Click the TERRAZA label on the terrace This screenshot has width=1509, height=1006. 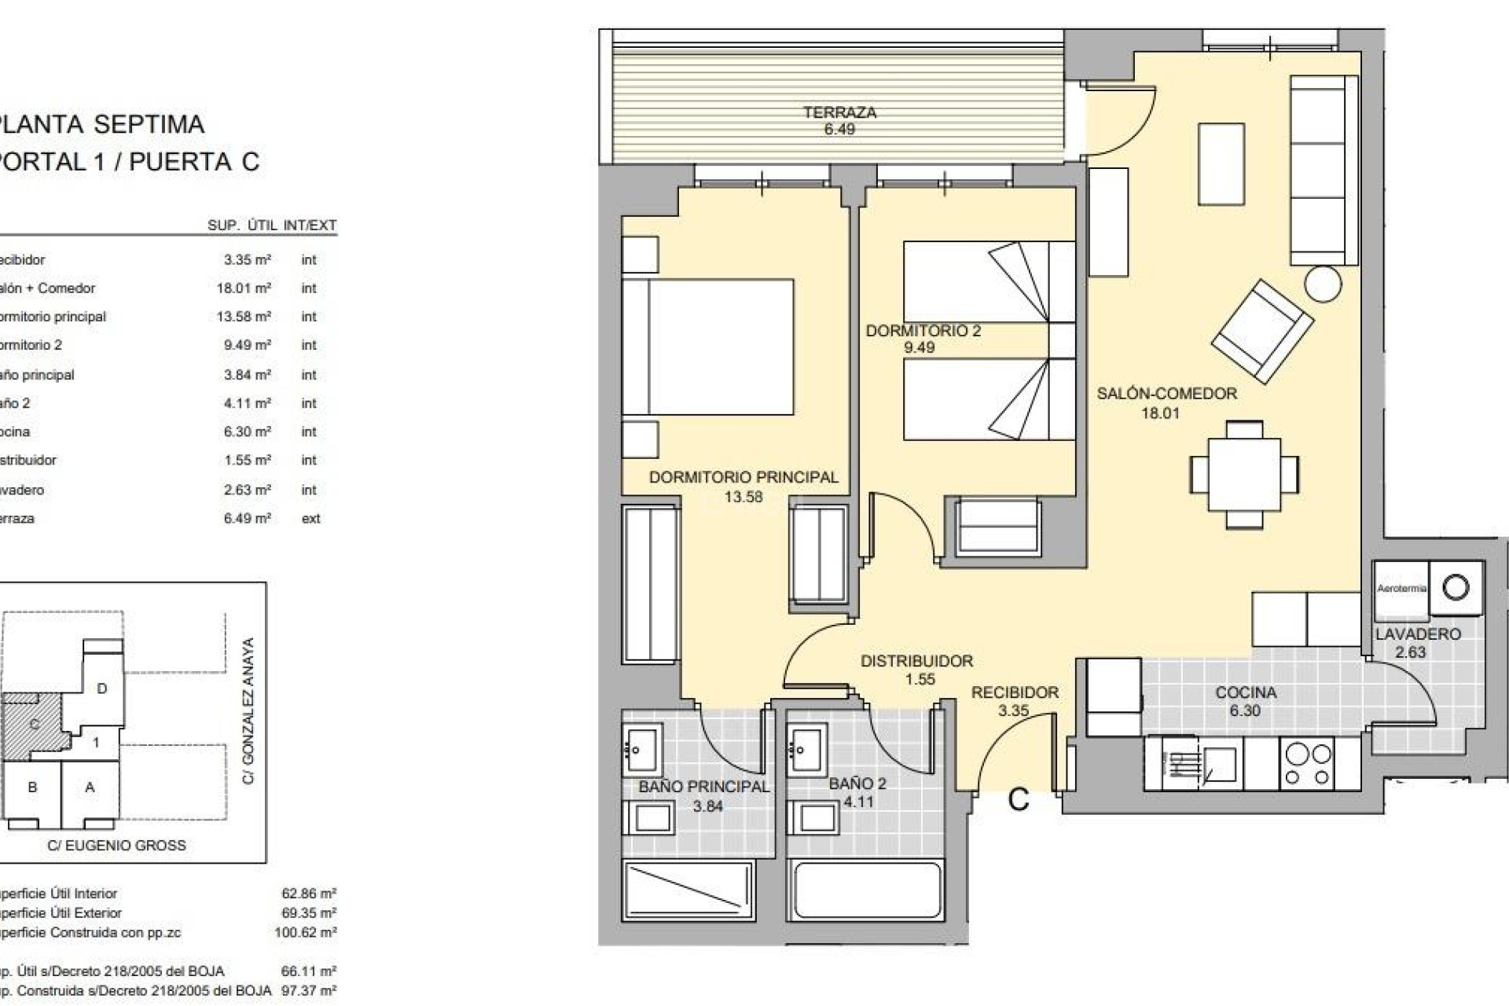point(839,112)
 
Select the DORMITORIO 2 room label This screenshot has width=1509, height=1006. point(923,331)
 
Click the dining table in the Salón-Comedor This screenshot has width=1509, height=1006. point(1244,474)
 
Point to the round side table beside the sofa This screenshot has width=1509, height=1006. point(1323,284)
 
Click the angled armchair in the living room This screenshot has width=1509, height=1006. point(1262,332)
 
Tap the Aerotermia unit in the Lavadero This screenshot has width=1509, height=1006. point(1401,589)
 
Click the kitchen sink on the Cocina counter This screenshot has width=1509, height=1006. point(1219,763)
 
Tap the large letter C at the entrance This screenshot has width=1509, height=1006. point(1019,800)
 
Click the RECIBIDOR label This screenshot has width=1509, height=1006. point(1015,692)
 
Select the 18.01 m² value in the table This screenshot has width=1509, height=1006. point(244,288)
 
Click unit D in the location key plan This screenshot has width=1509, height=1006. point(101,688)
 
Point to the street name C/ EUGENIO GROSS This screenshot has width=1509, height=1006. point(116,846)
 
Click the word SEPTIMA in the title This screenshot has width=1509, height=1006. point(149,124)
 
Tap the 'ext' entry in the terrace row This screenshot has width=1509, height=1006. point(310,519)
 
